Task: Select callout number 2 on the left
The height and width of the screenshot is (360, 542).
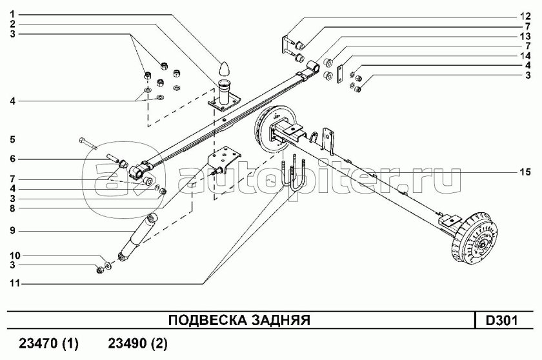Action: click(x=12, y=24)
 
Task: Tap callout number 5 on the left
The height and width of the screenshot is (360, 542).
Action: click(x=12, y=139)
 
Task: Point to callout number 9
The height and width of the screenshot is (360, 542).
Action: click(x=12, y=230)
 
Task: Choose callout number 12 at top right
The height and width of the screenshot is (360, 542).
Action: click(x=527, y=15)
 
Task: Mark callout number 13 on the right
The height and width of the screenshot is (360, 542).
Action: click(x=527, y=35)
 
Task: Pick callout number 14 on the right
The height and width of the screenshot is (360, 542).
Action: click(x=527, y=55)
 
